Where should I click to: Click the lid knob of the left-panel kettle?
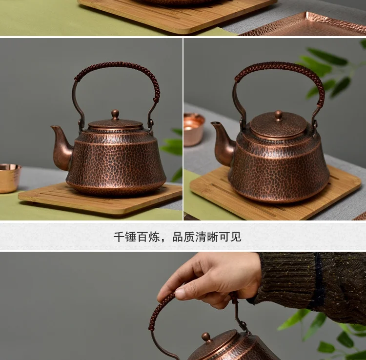coord(115,114)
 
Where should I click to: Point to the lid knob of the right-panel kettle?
coord(278,115)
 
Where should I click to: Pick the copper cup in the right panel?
coord(194,129)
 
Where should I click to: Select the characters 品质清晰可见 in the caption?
coord(207,237)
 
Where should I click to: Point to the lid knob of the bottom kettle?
coord(207,337)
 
